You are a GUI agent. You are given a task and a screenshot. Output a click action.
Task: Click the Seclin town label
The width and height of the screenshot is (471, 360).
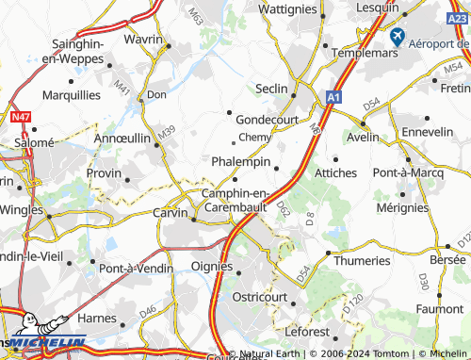273,88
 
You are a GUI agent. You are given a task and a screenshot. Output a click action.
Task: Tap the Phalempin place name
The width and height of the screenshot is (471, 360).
241,161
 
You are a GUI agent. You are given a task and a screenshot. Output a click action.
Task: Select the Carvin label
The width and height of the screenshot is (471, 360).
171,213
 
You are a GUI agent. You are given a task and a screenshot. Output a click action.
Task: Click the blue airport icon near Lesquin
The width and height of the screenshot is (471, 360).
397,38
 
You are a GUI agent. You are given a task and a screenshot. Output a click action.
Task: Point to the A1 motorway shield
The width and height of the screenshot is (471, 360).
333,96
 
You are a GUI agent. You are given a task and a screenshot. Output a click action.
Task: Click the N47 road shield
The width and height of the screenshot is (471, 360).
21,117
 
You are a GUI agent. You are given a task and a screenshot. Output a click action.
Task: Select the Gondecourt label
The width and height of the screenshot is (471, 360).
268,120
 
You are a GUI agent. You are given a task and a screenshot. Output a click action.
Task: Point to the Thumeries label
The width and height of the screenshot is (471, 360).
363,260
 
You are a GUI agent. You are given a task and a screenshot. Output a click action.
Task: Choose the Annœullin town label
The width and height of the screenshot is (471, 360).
123,138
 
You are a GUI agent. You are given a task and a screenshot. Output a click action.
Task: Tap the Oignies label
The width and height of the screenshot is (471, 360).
211,266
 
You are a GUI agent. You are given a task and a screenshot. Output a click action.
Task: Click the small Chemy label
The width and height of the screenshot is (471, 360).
255,138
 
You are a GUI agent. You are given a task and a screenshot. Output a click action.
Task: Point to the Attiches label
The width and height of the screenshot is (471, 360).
335,173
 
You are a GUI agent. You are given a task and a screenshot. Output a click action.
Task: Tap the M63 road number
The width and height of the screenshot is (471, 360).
195,16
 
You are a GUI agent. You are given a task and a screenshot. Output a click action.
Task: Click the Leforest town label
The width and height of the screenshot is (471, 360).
307,332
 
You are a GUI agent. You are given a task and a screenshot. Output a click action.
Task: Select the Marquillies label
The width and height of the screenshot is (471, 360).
71,95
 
